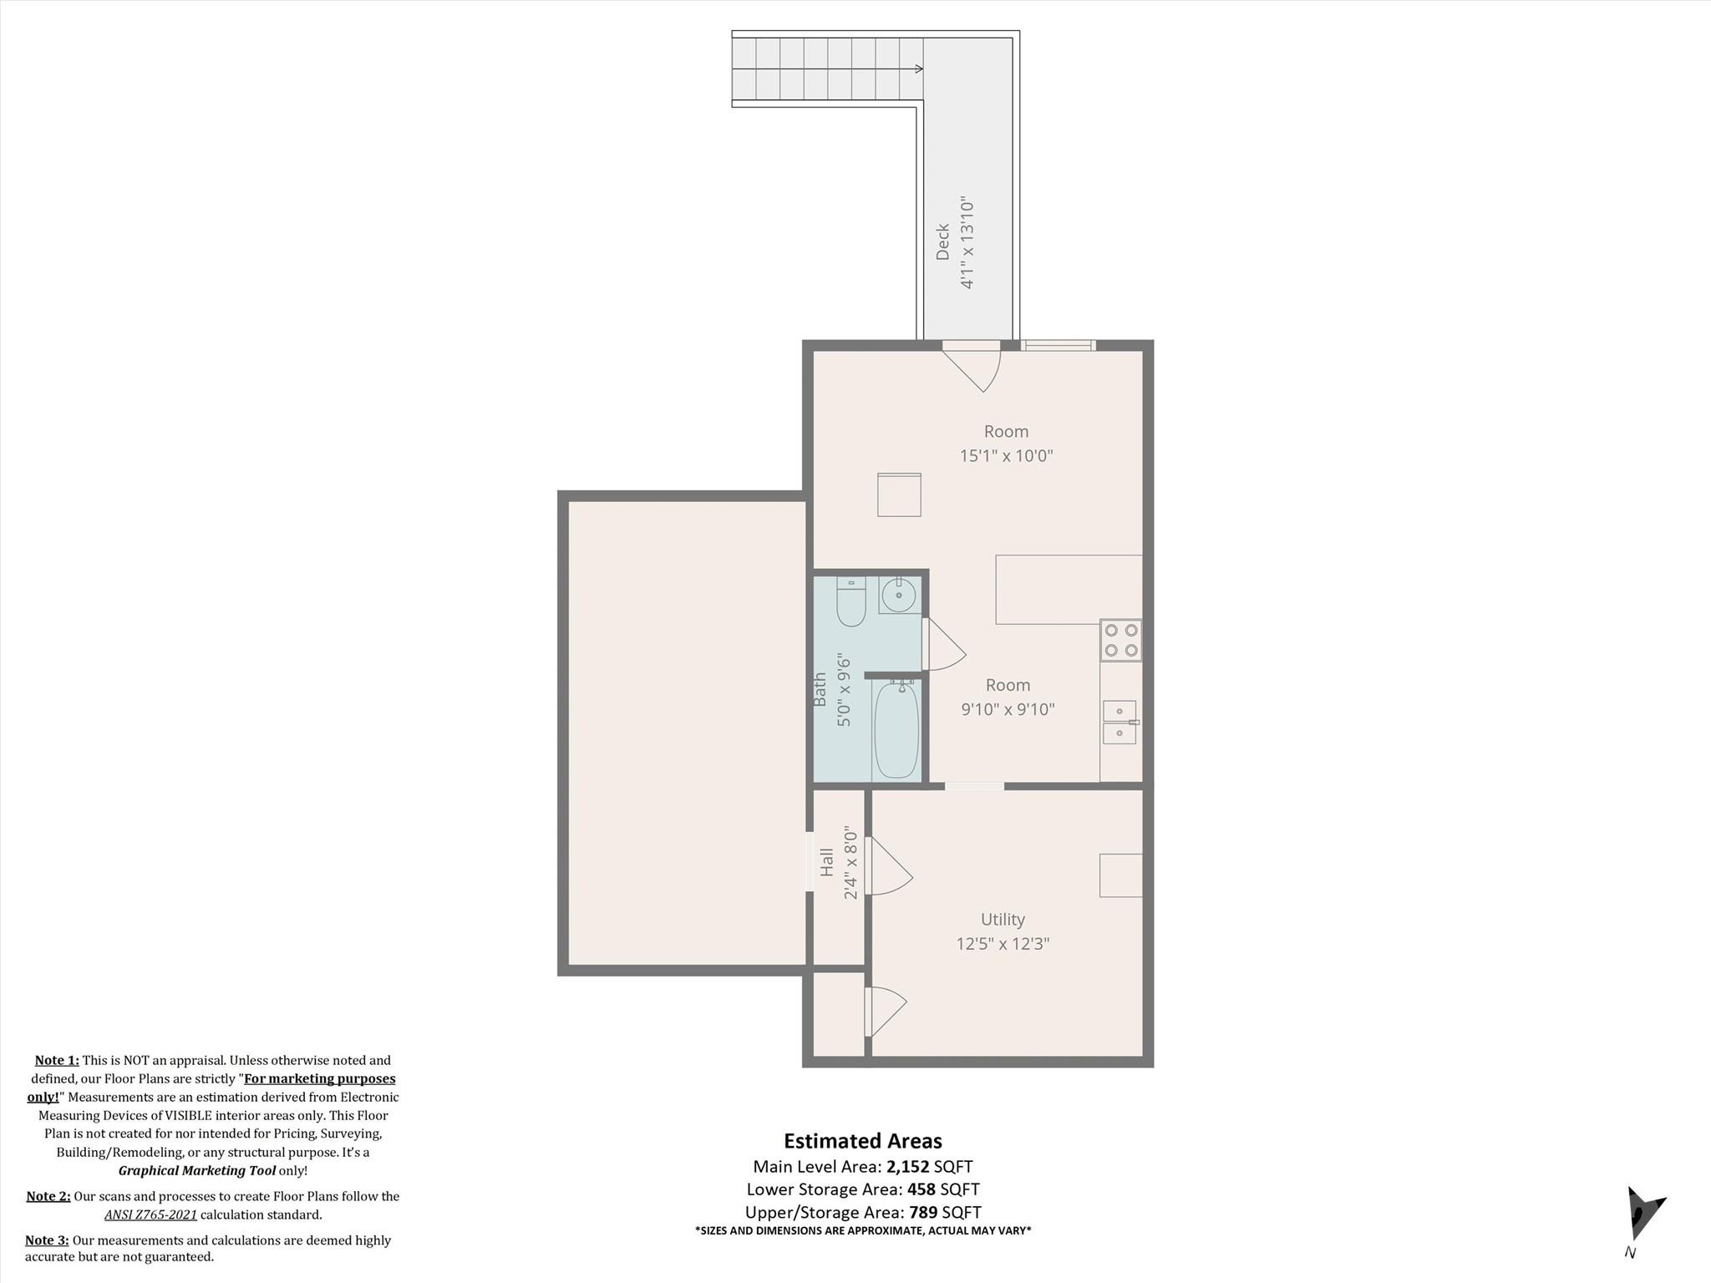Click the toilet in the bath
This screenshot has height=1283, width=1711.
point(851,601)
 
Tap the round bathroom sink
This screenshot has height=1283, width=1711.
point(898,596)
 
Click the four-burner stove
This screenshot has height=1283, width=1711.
point(1121,641)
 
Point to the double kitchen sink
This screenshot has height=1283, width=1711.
point(1120,723)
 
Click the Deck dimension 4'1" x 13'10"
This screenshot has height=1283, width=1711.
point(967,243)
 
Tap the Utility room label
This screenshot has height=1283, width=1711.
point(1003,920)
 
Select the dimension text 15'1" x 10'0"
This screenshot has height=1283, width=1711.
point(1006,456)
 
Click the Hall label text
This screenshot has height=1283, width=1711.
point(827,862)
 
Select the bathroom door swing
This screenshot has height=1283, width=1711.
point(944,644)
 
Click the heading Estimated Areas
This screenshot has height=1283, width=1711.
point(863,1141)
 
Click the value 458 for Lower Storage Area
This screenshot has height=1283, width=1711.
point(922,1189)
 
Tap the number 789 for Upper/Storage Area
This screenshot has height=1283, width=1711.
point(923,1212)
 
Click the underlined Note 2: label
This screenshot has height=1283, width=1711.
point(48,1196)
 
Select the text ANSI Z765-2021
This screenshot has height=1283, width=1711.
point(150,1215)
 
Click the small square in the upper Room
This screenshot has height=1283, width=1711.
point(899,494)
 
